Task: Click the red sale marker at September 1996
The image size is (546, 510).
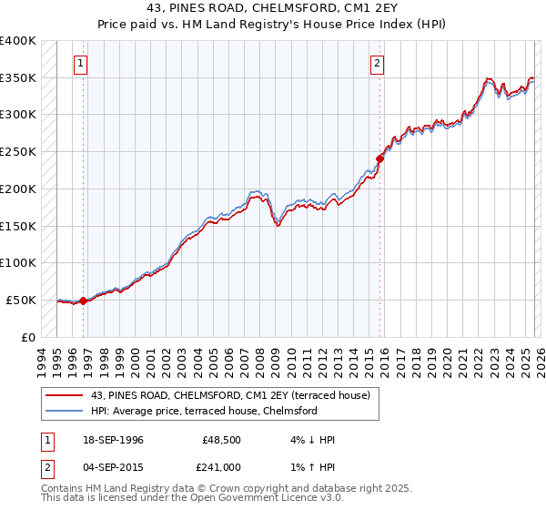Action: coord(83,301)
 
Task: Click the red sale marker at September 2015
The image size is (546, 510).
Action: coord(380,158)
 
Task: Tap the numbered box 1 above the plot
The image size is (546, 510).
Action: coord(82,64)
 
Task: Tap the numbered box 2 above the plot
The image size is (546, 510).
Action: coord(377,64)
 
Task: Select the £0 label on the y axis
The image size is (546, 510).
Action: coord(30,337)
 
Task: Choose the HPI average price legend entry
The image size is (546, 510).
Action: coord(203,412)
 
